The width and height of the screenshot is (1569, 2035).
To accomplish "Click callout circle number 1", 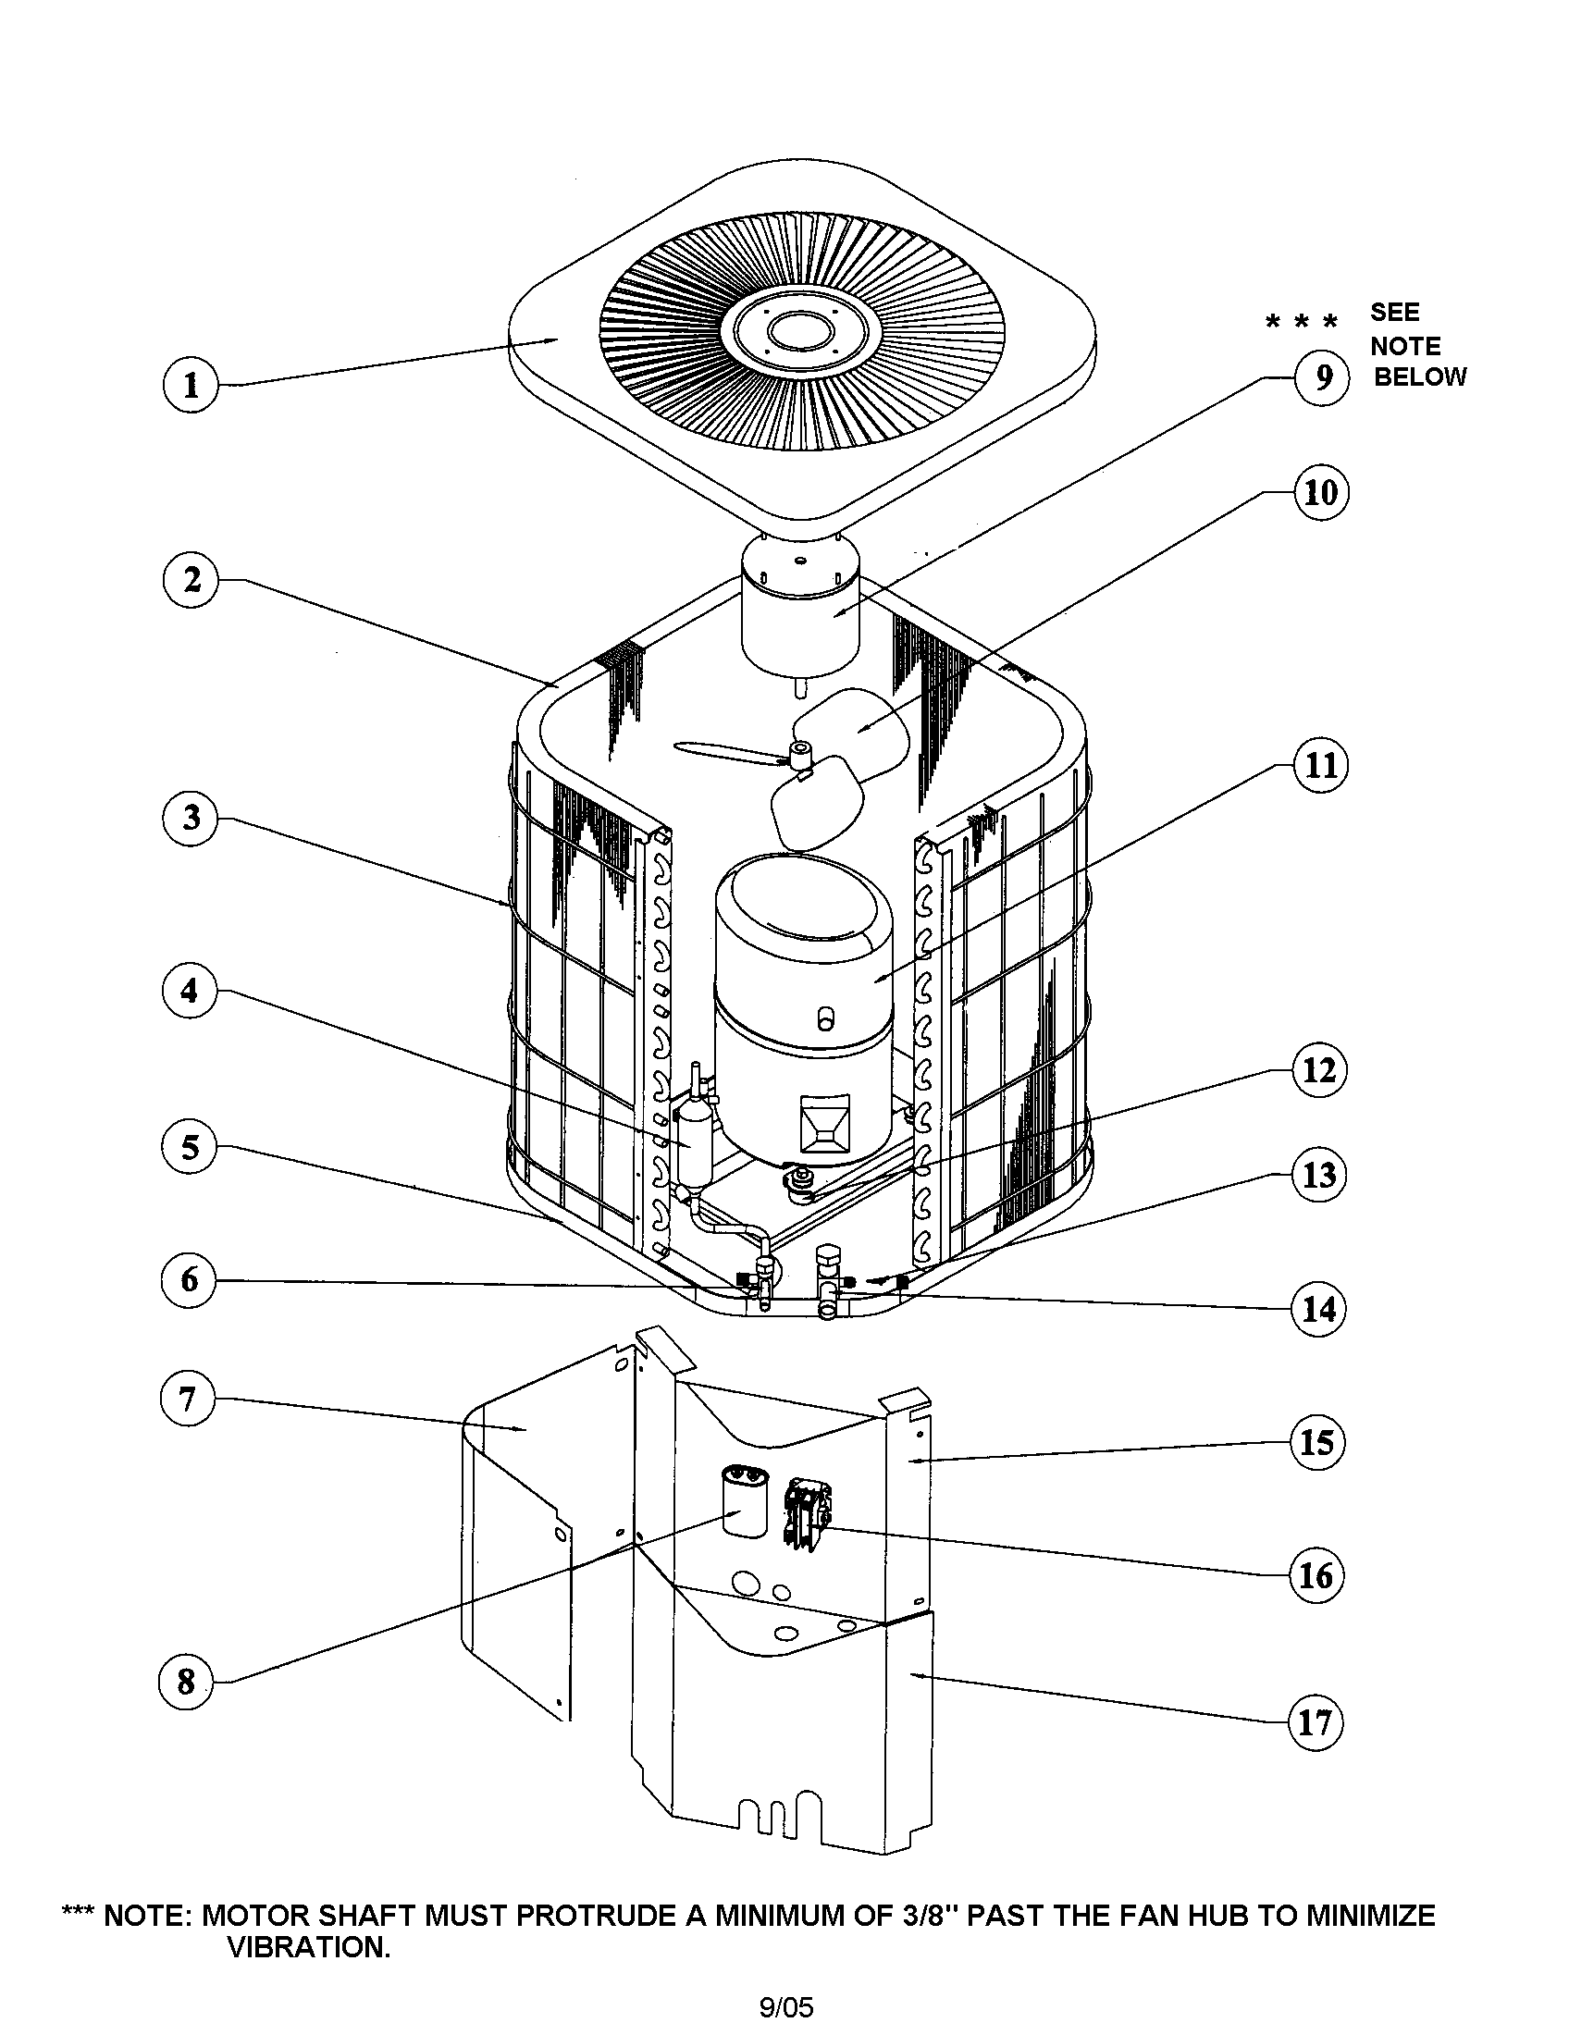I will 190,385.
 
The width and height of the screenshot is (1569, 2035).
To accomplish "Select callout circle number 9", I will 1321,376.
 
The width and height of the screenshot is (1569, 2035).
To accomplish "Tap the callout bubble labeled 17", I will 1315,1722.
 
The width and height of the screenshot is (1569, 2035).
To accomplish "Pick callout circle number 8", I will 186,1682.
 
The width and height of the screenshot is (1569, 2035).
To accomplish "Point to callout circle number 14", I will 1317,1309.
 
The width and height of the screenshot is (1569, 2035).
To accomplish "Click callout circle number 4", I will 189,990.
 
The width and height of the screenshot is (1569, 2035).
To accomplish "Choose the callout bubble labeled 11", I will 1320,765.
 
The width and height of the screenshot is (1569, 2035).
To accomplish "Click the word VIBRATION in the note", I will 307,1947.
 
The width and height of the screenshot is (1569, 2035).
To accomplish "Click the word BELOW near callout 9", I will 1419,377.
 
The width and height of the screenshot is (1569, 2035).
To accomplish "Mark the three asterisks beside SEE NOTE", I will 1302,323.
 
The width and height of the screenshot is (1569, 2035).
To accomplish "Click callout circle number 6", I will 189,1279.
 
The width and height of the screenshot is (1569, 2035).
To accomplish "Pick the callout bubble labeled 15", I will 1316,1442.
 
